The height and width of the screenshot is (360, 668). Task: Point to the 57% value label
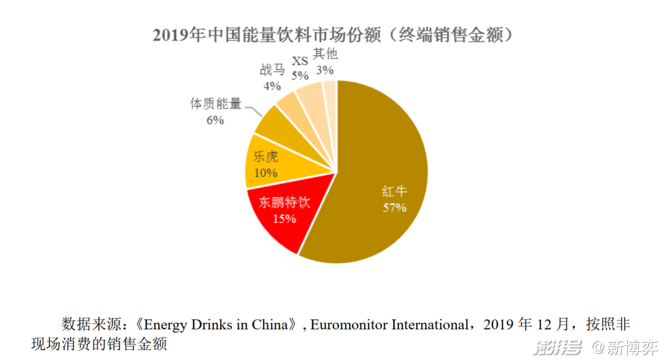click(394, 208)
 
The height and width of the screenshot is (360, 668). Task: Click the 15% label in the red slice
click(284, 218)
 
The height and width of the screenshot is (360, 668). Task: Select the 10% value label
click(265, 173)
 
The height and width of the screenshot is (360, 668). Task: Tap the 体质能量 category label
click(215, 104)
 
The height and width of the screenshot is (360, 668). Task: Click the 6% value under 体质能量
click(215, 120)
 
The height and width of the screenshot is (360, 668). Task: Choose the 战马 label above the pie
click(272, 70)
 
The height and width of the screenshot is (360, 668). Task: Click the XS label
click(300, 61)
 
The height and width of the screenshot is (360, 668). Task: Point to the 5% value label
click(300, 75)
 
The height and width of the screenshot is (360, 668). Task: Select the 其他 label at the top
click(325, 54)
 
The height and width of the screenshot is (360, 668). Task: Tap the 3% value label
click(325, 70)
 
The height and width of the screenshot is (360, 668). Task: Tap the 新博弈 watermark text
click(632, 348)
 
